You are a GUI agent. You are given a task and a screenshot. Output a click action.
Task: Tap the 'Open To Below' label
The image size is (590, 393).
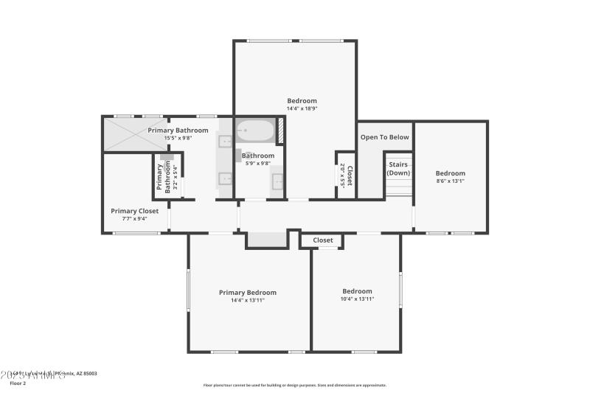[384, 137]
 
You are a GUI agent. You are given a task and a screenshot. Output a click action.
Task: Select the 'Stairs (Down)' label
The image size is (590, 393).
[399, 168]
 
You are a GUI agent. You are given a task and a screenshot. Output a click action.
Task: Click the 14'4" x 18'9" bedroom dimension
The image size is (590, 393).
[302, 109]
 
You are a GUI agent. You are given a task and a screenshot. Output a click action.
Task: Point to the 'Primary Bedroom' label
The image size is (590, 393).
[248, 292]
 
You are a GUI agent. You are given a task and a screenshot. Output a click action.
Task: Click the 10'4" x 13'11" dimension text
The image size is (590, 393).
[357, 299]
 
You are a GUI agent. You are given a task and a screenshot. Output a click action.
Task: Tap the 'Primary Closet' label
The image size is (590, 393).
[134, 211]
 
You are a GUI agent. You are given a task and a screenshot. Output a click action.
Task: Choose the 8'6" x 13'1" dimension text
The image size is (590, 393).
[450, 181]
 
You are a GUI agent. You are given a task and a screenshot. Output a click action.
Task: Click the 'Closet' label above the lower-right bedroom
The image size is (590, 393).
[322, 240]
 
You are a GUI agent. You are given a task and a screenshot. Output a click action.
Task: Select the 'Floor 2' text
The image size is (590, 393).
[17, 383]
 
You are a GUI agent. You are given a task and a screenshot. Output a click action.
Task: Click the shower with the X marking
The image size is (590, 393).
[135, 135]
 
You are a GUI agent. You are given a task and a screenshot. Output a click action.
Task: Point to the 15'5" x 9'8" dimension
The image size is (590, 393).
[176, 138]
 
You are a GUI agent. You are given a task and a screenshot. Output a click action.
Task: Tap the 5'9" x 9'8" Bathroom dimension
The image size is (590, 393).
[258, 163]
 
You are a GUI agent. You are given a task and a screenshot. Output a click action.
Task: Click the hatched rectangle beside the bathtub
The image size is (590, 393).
[281, 130]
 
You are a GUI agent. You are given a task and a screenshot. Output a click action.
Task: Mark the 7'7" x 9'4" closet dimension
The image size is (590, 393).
[134, 218]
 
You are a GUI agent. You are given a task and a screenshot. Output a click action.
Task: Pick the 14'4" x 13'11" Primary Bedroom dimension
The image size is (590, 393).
[248, 300]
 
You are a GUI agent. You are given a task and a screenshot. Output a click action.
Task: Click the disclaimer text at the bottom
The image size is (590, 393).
[295, 385]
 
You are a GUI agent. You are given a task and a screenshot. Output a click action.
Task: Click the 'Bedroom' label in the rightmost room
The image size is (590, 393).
[450, 173]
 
